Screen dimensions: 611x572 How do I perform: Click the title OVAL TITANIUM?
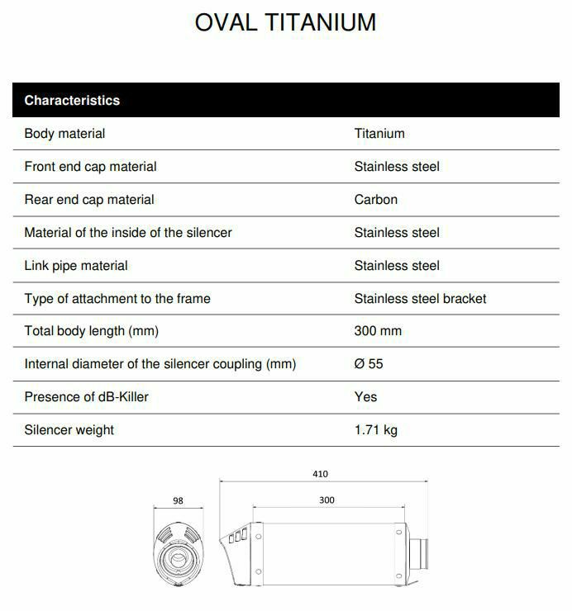point(285,22)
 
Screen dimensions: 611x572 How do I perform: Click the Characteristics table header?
point(72,101)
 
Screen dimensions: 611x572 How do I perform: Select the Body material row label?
point(64,134)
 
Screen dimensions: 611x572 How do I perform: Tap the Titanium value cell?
point(379,134)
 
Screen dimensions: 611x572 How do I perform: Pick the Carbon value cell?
point(376,200)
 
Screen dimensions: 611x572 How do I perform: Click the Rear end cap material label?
point(89,200)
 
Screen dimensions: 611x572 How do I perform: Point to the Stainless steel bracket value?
point(420,299)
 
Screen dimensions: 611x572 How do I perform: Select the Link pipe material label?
point(76,266)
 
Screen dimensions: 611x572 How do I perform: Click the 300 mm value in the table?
point(378,331)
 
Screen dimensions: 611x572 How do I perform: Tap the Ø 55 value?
point(369,364)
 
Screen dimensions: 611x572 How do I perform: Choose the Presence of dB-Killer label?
point(87,397)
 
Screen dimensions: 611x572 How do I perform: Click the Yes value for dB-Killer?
point(365,397)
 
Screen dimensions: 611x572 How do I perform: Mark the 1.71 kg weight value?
point(376,430)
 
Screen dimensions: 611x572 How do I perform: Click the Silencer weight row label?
point(69,430)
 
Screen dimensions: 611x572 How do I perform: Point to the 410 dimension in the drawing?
point(321,474)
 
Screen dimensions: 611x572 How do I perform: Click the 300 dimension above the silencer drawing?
point(327,500)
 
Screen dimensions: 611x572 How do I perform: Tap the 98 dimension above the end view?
point(178,501)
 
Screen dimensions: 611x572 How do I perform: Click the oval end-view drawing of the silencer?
point(179,552)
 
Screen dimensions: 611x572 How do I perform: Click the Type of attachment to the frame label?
point(117,299)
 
